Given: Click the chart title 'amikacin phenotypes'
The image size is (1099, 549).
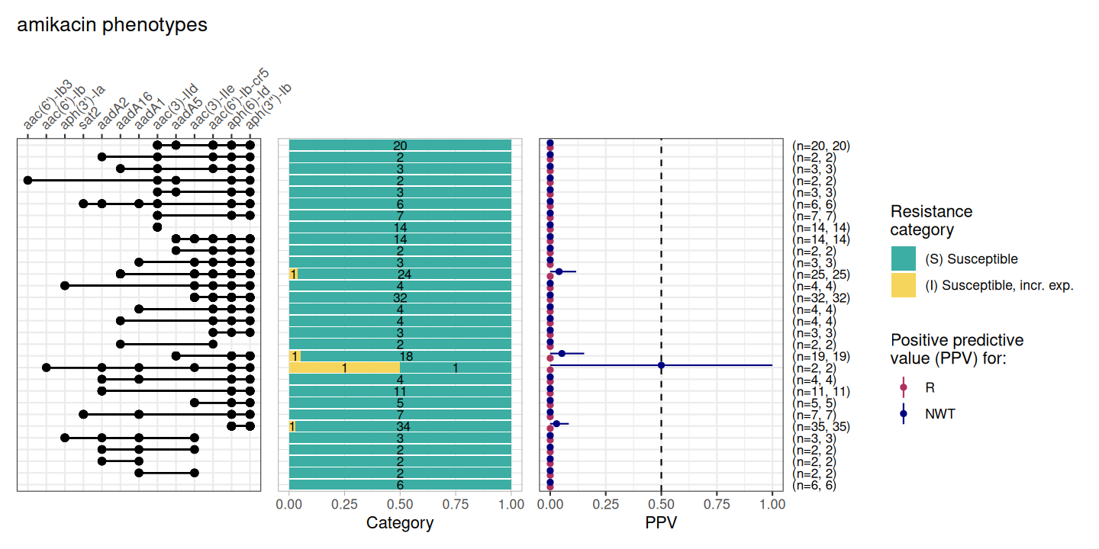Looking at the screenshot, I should click(x=111, y=25).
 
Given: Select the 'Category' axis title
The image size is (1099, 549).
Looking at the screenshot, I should click(x=400, y=523).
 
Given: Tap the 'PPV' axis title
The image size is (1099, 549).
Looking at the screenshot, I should click(x=661, y=523).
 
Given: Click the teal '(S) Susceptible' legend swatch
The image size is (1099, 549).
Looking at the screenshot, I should click(x=904, y=258).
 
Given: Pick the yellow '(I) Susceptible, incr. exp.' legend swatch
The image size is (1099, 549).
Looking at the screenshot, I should click(x=904, y=285).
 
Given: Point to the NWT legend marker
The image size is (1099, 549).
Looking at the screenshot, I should click(x=904, y=414).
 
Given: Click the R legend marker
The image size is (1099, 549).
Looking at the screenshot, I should click(x=904, y=387).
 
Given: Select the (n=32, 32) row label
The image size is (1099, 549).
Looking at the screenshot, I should click(x=821, y=297).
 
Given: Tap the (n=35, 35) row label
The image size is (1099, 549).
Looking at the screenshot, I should click(x=821, y=426).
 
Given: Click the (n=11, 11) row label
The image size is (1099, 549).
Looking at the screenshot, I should click(x=821, y=391).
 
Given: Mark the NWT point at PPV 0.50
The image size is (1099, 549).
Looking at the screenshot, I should click(x=661, y=365).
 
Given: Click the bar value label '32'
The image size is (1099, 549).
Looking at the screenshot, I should click(x=400, y=297).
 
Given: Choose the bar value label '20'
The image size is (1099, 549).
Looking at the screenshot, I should click(x=400, y=146).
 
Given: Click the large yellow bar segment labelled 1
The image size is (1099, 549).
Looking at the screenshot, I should click(x=345, y=368).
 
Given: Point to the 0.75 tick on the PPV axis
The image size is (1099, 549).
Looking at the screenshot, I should click(x=717, y=505).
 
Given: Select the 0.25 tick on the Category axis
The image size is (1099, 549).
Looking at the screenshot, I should click(x=344, y=505).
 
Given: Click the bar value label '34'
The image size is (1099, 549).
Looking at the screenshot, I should click(x=404, y=426).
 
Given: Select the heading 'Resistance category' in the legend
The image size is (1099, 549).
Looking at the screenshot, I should click(x=931, y=220).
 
